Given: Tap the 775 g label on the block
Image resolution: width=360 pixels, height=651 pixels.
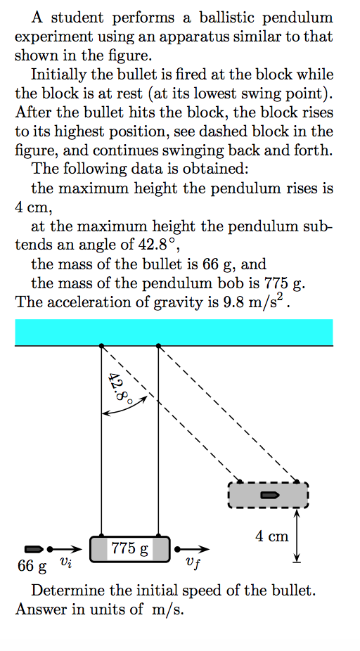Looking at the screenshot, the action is [x=130, y=548].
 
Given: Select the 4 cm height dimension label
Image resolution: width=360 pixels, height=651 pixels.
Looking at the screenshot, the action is [x=272, y=536].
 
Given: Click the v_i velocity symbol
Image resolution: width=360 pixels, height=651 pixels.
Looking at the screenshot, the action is [x=65, y=562].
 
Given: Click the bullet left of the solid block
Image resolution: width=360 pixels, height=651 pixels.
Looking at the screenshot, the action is [x=34, y=548].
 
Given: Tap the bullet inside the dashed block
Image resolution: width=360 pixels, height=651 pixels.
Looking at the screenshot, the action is [x=269, y=495].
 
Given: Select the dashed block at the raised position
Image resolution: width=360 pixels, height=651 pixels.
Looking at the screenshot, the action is [x=268, y=495].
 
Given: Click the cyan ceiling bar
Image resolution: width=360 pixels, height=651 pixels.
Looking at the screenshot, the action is [x=174, y=332].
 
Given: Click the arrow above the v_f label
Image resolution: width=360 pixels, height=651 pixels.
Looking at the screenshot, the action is [x=193, y=548].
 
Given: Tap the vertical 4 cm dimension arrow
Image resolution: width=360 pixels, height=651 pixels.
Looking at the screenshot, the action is [x=297, y=536].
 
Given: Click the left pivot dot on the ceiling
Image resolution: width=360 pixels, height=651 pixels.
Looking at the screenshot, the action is [x=102, y=346].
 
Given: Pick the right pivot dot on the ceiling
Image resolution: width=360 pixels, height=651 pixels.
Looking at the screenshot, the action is [x=158, y=346].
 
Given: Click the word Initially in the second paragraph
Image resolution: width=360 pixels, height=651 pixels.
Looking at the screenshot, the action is [x=58, y=74].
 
